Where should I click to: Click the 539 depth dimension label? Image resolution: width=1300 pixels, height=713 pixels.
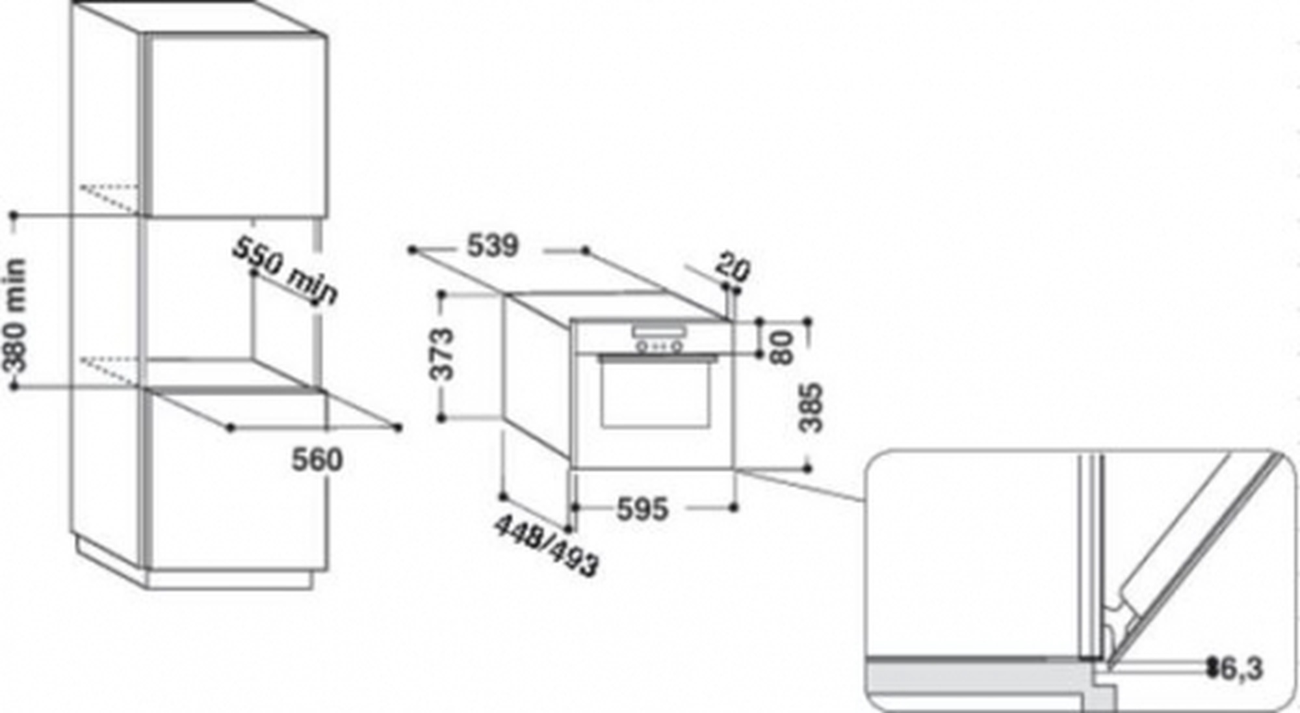pos(493,246)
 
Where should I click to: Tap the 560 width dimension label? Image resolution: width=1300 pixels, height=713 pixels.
pos(317,460)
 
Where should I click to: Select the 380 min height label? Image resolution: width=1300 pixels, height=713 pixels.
pos(16,316)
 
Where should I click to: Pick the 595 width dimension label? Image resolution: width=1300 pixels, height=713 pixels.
pos(642,509)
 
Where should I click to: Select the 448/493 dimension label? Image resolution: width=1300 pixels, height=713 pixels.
pos(546,545)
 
